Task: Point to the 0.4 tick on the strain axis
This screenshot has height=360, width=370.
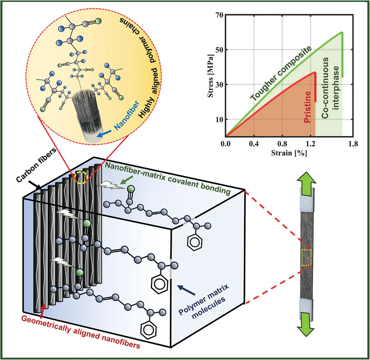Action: click(x=254, y=143)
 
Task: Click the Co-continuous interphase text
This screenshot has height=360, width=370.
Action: click(x=330, y=92)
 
